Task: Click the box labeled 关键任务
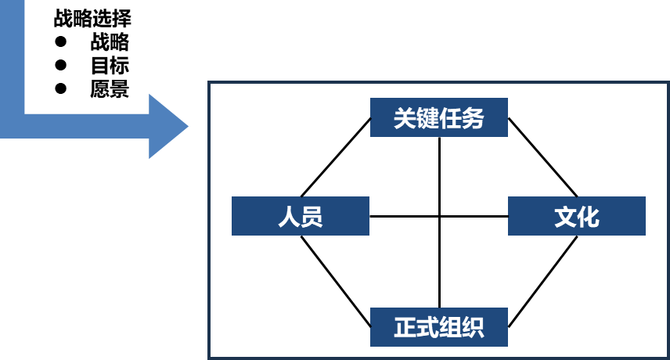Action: [439, 117]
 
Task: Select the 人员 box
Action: [300, 216]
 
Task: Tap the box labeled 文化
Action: [577, 216]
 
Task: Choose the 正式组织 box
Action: [439, 327]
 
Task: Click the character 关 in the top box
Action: [405, 118]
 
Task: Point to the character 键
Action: [427, 118]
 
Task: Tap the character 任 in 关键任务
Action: [450, 118]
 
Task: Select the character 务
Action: [473, 118]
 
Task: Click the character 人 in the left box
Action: [289, 217]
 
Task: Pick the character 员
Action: [312, 217]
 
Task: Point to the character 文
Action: [565, 217]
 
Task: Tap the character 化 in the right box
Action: [589, 217]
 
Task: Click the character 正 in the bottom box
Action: [405, 327]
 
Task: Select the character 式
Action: [427, 327]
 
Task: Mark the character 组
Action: [450, 327]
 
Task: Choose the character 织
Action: [473, 327]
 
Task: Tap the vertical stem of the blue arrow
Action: [13, 55]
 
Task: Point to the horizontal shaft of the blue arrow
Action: [86, 126]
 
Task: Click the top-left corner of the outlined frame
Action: [209, 82]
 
